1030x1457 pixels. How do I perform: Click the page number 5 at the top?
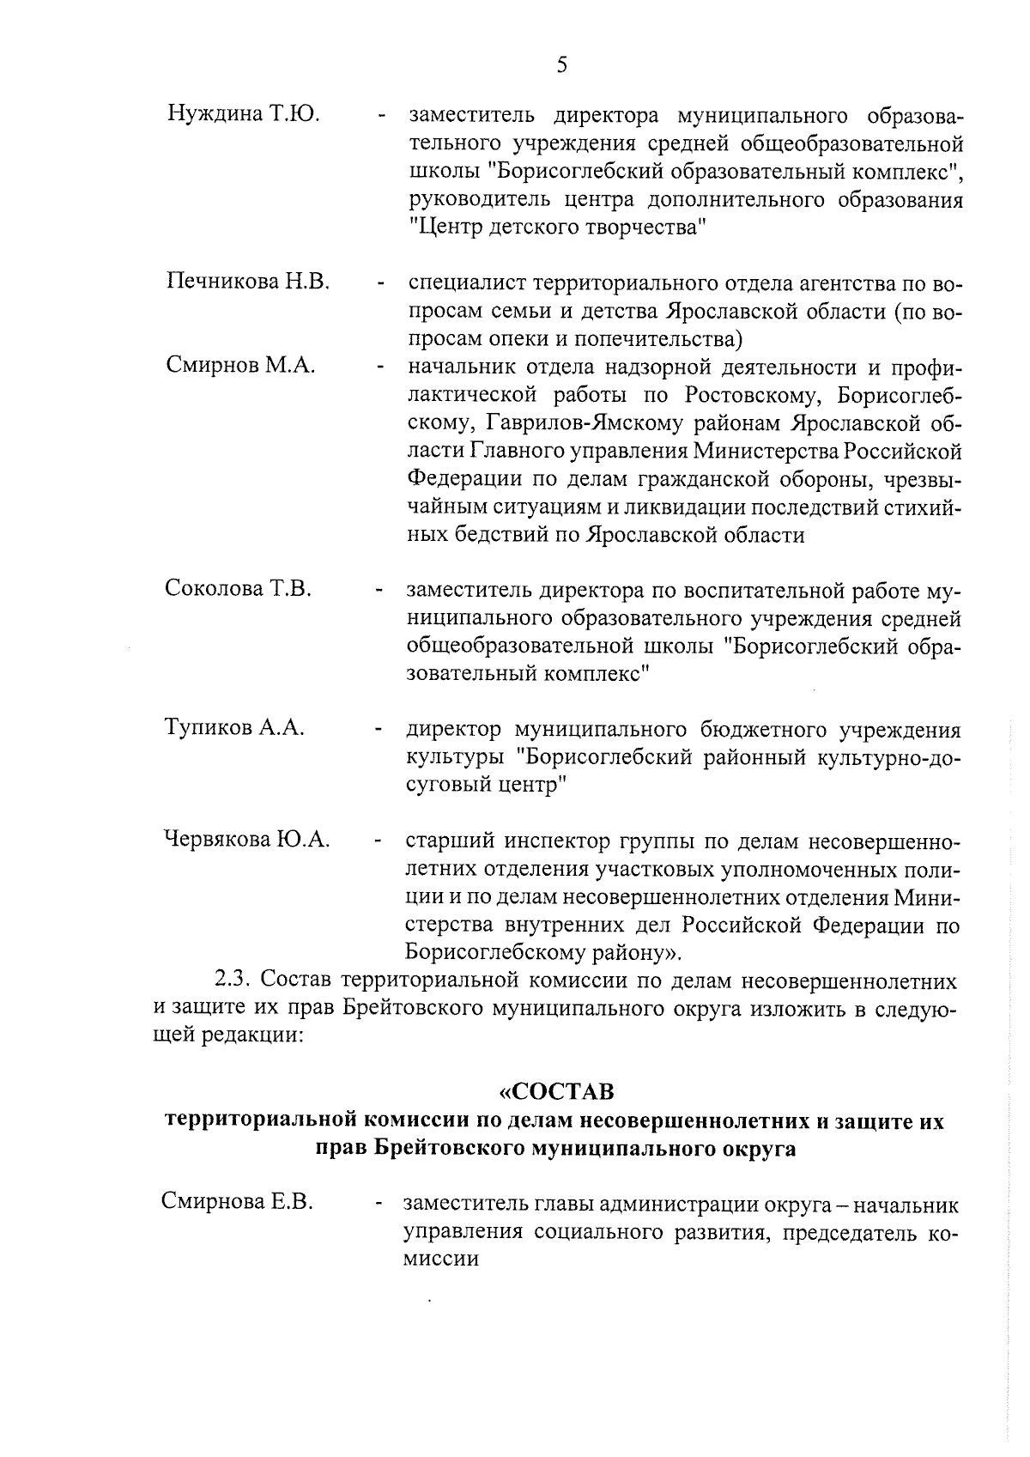point(561,64)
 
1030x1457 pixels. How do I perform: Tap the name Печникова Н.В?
point(248,282)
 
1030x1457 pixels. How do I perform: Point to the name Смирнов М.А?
point(240,366)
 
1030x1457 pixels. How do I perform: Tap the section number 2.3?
point(230,980)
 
